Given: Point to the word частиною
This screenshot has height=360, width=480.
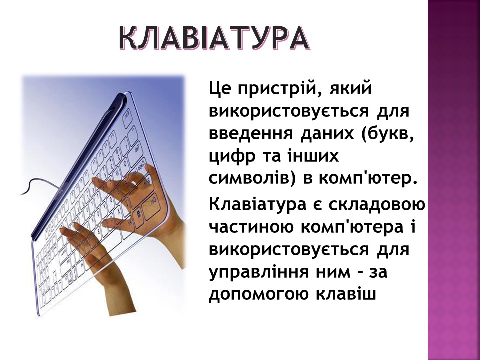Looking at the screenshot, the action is pos(252,228).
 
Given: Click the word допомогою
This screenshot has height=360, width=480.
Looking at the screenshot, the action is pos(258,295).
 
